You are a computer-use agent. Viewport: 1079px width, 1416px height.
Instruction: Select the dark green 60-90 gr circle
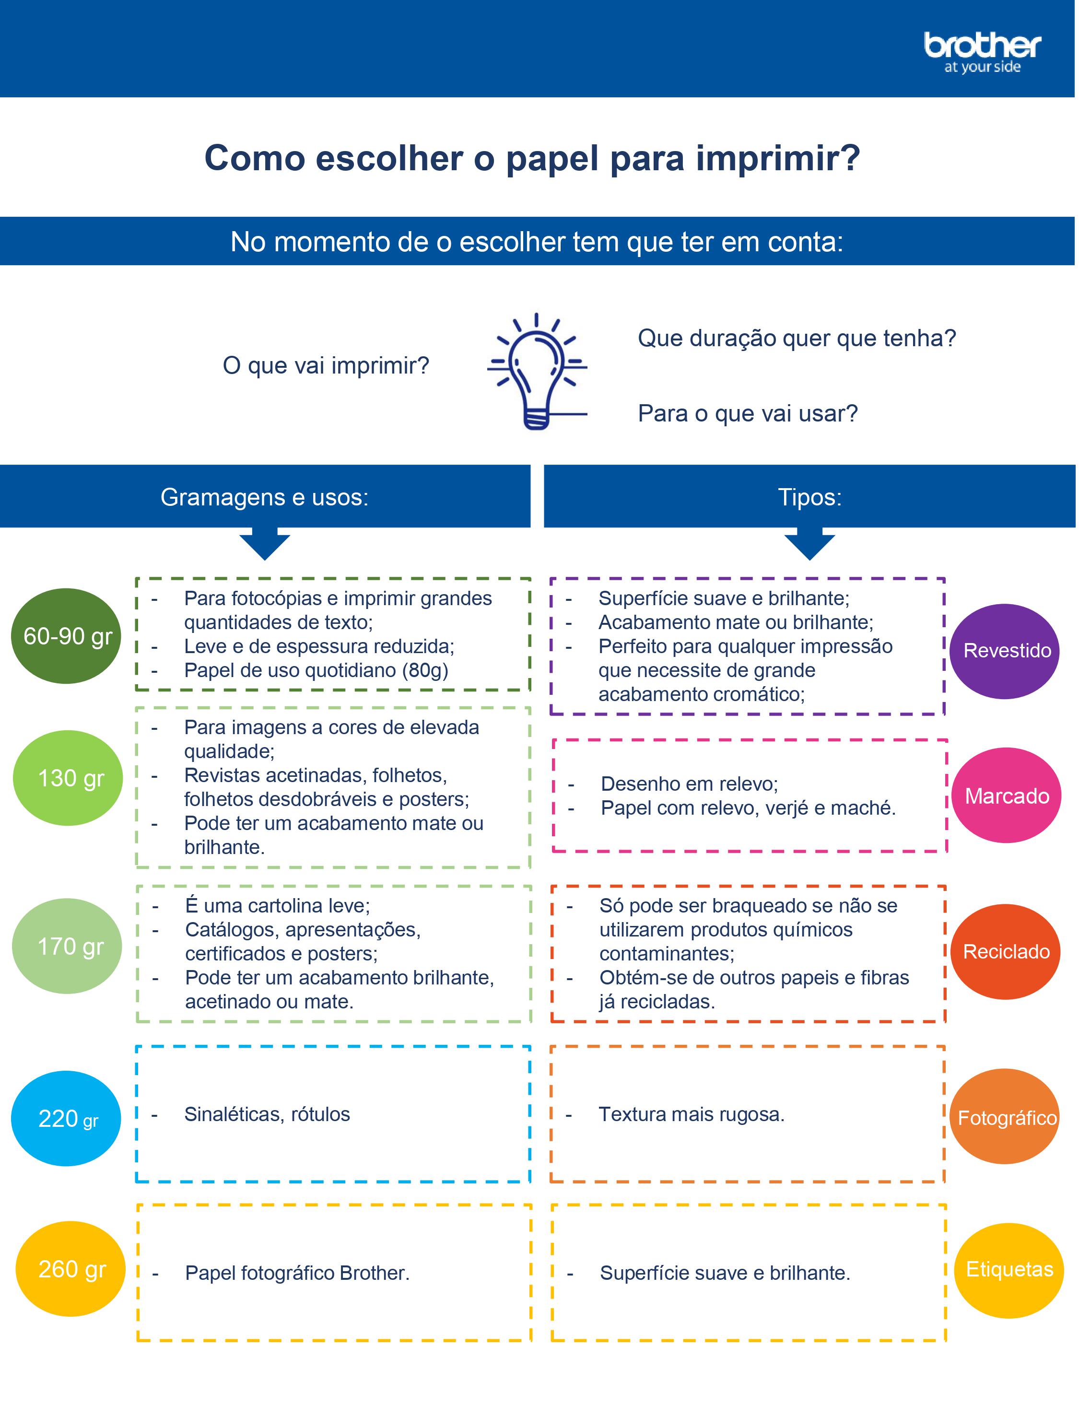point(66,636)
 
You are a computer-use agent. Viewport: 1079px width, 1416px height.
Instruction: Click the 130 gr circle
point(68,778)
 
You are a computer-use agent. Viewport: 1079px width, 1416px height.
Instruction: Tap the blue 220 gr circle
point(66,1118)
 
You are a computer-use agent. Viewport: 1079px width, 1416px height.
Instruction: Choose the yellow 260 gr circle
point(70,1269)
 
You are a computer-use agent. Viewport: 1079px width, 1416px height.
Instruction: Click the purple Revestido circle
point(1005,651)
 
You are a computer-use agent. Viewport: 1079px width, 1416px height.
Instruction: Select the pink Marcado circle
point(1007,796)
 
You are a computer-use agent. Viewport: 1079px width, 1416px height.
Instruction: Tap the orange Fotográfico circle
point(1005,1117)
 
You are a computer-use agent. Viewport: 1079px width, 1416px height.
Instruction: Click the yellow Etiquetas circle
point(1009,1270)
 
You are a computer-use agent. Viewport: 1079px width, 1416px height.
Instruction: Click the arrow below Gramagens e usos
point(265,545)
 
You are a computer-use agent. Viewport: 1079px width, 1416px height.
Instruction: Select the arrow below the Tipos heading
point(809,545)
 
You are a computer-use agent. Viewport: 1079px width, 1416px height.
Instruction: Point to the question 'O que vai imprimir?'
point(326,365)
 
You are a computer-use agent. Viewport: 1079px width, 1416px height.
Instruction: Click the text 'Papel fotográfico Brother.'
point(297,1273)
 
